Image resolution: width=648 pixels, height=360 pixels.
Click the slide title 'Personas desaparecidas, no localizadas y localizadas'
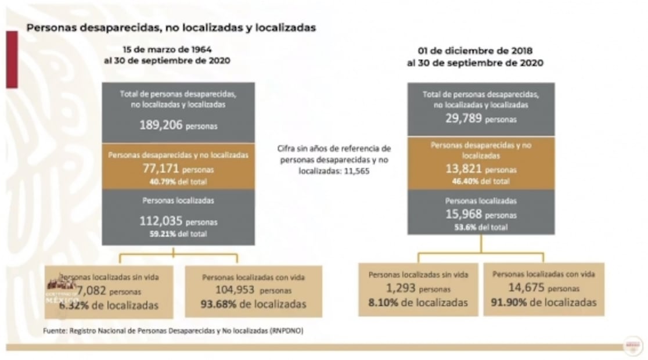pyautogui.click(x=171, y=27)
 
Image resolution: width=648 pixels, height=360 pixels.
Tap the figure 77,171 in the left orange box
pyautogui.click(x=160, y=170)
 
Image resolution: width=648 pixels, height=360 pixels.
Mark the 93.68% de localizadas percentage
pyautogui.click(x=253, y=304)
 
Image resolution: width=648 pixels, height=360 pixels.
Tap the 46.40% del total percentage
pyautogui.click(x=481, y=181)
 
